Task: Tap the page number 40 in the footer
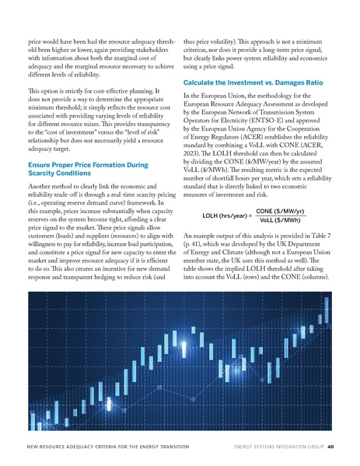(x=330, y=447)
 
